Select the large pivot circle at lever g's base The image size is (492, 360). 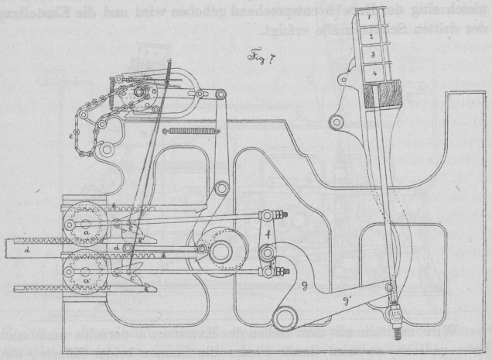pos(289,316)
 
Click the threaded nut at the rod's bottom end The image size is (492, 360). pos(396,315)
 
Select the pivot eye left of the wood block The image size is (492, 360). pos(335,120)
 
